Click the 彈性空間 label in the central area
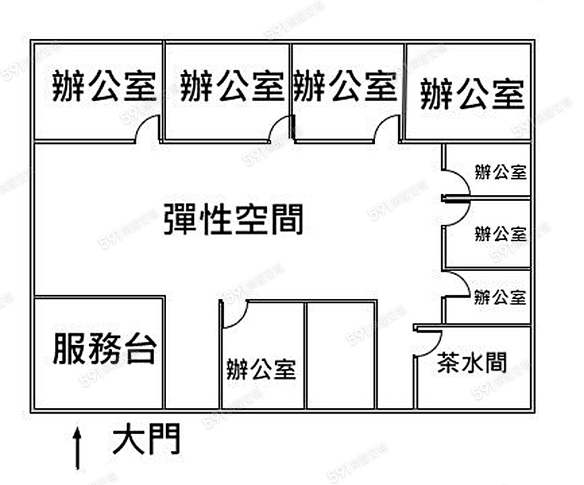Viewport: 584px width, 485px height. coord(234,219)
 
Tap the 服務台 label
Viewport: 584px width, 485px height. coord(104,348)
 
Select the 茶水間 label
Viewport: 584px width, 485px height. coord(472,363)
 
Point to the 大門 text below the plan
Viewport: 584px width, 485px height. coord(147,441)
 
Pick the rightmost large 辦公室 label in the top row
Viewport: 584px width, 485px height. coord(472,95)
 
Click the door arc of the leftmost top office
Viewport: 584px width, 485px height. coord(148,127)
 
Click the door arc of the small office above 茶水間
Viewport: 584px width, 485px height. coord(457,284)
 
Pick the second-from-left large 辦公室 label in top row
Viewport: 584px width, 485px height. coord(232,87)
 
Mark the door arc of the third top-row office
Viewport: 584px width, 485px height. coord(387,128)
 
